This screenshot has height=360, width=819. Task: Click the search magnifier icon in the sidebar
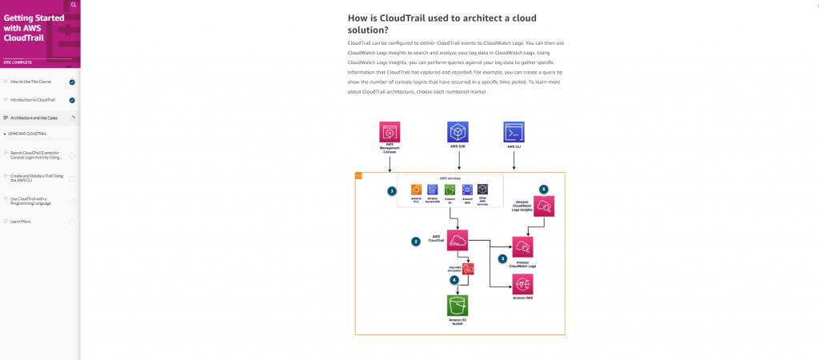tap(74, 5)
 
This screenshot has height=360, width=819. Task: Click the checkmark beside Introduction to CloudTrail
tap(72, 100)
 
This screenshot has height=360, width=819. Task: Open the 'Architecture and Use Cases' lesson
tap(34, 118)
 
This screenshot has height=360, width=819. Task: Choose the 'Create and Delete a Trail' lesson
tap(35, 178)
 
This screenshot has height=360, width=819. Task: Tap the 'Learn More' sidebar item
tap(22, 222)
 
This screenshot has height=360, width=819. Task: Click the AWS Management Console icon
tap(390, 132)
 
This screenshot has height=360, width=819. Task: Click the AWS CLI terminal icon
tap(513, 132)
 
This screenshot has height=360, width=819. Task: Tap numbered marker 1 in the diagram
tap(392, 191)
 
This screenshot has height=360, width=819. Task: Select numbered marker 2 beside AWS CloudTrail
tap(415, 241)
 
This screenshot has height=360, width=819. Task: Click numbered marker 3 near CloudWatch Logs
tap(502, 258)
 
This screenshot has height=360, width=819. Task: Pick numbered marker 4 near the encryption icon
tap(454, 280)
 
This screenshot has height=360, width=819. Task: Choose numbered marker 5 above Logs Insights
tap(544, 189)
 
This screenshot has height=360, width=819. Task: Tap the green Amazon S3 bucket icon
tap(457, 305)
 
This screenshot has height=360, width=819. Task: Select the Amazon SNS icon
tap(523, 283)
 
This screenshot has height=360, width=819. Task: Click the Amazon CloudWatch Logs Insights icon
tap(544, 207)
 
